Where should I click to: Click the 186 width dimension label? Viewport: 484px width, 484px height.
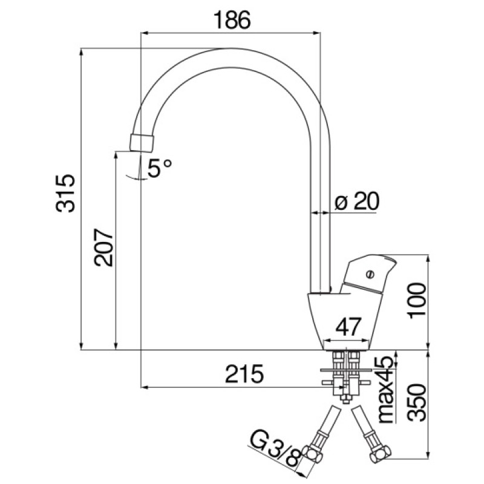click(x=232, y=20)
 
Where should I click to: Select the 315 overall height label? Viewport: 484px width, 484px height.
click(x=65, y=193)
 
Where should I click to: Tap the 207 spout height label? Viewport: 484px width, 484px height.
click(x=103, y=247)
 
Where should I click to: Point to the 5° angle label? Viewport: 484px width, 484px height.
click(x=159, y=168)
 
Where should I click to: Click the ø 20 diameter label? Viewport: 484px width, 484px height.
click(x=356, y=201)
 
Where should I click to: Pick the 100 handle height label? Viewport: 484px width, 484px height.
click(x=417, y=300)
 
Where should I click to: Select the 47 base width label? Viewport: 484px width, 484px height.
click(x=348, y=327)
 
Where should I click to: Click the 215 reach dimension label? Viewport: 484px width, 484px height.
click(x=244, y=374)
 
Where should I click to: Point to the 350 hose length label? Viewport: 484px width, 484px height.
click(x=417, y=402)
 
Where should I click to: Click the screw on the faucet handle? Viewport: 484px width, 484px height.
click(x=370, y=274)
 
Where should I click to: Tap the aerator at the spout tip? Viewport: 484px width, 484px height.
click(x=142, y=143)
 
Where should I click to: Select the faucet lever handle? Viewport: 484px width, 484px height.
click(x=367, y=273)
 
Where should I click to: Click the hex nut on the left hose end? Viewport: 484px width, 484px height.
click(x=312, y=454)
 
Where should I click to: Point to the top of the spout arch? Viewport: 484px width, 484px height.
click(x=230, y=49)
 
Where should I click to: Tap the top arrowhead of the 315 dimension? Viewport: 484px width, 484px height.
click(x=82, y=51)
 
